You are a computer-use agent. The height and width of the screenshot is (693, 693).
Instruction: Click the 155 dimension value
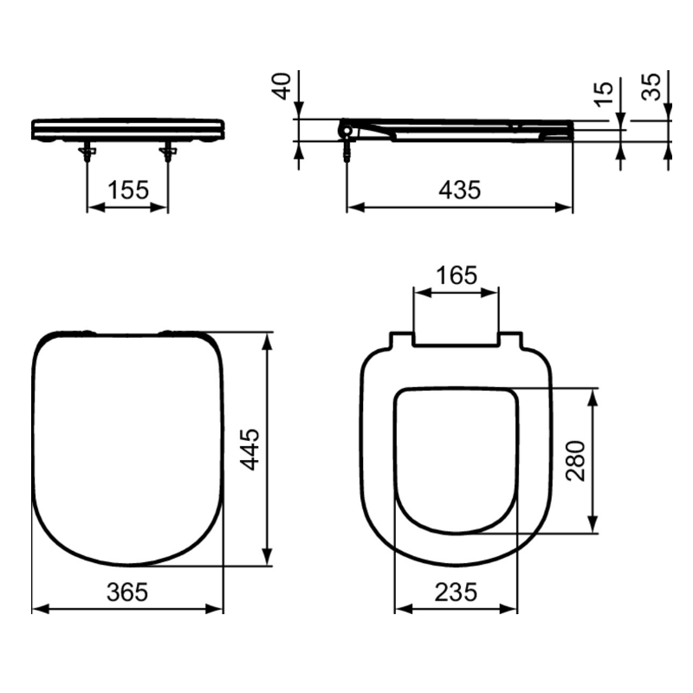(128, 190)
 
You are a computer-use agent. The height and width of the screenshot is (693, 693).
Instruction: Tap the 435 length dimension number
(460, 190)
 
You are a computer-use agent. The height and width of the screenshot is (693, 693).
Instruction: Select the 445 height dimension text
(249, 449)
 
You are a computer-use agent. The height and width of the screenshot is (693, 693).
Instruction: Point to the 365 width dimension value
(127, 592)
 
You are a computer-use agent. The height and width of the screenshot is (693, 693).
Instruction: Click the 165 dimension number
(457, 275)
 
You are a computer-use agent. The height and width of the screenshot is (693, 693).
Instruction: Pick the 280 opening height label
(575, 461)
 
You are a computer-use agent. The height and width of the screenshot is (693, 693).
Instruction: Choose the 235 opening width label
(457, 592)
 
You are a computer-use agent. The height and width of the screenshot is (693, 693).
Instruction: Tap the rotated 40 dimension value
(282, 86)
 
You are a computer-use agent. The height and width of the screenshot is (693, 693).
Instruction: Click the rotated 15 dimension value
(604, 94)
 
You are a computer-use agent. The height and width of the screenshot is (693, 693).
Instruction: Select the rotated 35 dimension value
(651, 87)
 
